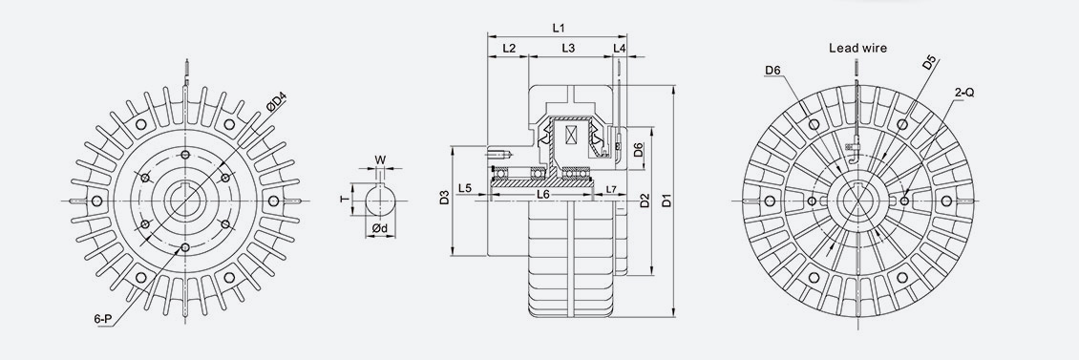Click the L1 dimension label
point(560,29)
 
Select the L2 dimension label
point(508,48)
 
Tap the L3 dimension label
point(567,48)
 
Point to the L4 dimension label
point(620,48)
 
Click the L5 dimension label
point(465,187)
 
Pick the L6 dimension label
point(542,194)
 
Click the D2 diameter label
point(645,201)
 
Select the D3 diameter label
point(444,199)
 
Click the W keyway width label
point(380,159)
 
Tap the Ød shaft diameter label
point(379,229)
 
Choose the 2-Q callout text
point(963,93)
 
